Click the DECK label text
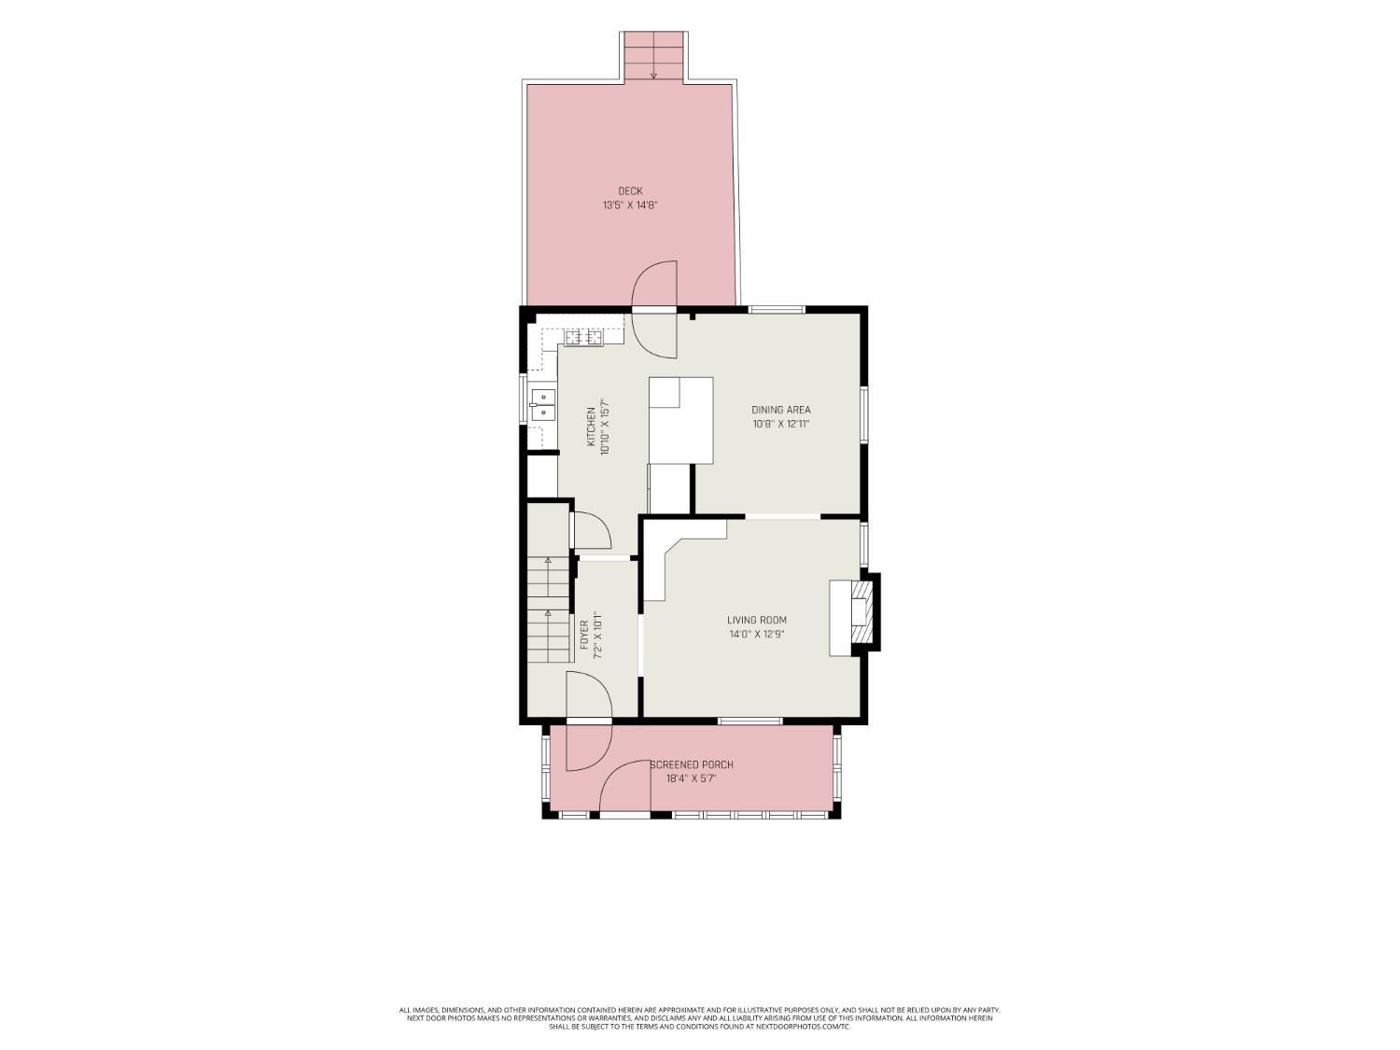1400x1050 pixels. [x=630, y=190]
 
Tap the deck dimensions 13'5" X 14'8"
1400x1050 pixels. [x=630, y=205]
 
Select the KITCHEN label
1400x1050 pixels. [x=591, y=427]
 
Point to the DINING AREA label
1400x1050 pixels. [x=780, y=410]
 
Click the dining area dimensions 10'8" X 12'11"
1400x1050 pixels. [x=780, y=424]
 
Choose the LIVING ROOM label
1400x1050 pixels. [x=757, y=620]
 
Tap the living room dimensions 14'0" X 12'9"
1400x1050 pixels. [x=757, y=635]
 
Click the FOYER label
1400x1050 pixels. [x=584, y=636]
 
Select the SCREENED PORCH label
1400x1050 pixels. [x=692, y=764]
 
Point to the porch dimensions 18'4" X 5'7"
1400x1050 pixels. [x=692, y=779]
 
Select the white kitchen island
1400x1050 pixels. [x=680, y=421]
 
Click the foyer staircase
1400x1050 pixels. [x=549, y=609]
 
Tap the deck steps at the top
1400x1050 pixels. [x=653, y=56]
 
